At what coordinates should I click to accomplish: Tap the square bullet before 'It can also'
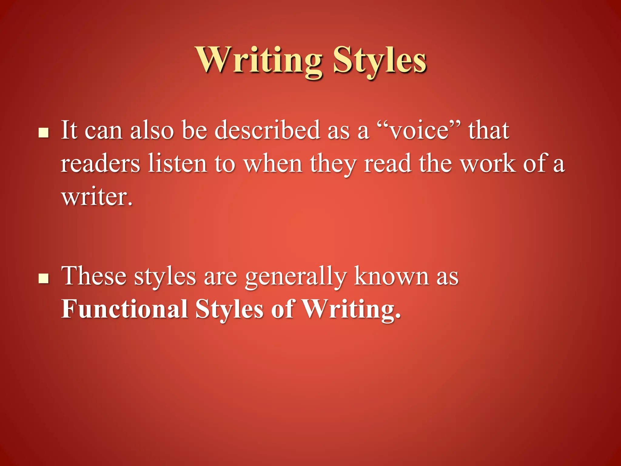[44, 133]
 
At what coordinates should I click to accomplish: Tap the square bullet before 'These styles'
[44, 278]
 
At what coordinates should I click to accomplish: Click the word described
[267, 130]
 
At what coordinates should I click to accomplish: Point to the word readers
[100, 164]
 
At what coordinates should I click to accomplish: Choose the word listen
[177, 164]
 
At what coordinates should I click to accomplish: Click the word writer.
[97, 197]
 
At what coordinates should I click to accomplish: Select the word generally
[296, 277]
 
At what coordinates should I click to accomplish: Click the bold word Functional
[124, 309]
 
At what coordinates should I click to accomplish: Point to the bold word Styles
[229, 310]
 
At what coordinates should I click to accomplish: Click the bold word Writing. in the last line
[352, 310]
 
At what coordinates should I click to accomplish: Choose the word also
[152, 130]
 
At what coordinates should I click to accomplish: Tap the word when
[273, 164]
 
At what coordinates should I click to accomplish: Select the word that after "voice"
[488, 130]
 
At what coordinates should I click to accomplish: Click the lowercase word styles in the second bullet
[165, 277]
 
